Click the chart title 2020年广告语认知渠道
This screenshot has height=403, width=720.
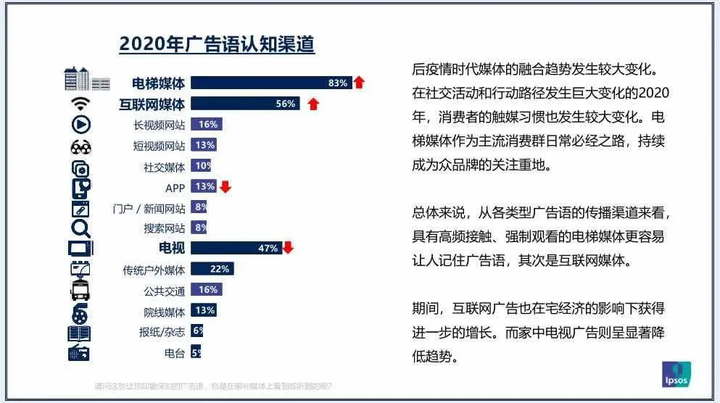(217, 45)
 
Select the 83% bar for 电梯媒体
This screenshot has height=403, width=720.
(270, 83)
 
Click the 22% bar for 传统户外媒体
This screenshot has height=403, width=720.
(212, 269)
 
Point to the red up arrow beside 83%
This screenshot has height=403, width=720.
(359, 83)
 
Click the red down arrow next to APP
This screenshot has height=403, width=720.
(225, 187)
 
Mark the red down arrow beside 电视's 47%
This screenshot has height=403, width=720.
(288, 249)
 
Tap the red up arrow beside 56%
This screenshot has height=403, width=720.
(313, 104)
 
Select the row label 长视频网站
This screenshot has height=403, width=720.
(160, 125)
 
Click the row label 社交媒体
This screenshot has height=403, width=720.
(165, 167)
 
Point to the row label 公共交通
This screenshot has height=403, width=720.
(165, 291)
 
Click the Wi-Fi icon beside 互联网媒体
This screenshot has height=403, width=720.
(80, 104)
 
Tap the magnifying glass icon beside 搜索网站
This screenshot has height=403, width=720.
(80, 229)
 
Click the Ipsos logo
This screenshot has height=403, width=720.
(676, 374)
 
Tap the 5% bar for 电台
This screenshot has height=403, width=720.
(196, 353)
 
